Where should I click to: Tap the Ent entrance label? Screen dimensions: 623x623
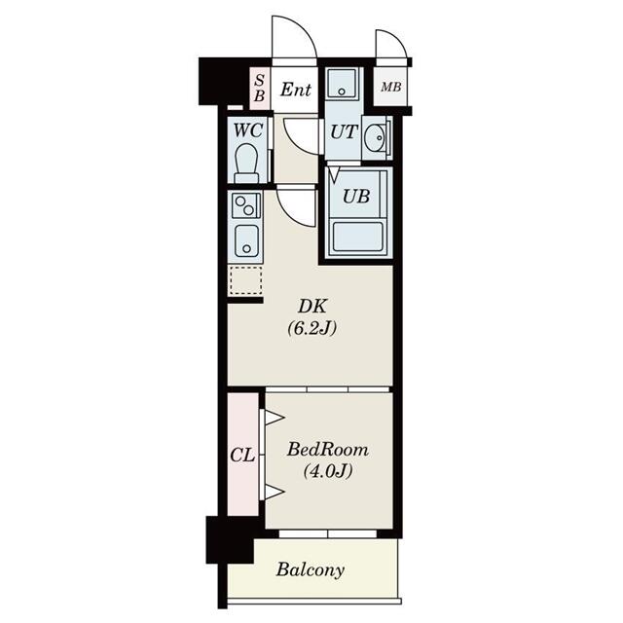pyautogui.click(x=296, y=91)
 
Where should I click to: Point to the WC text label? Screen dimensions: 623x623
pyautogui.click(x=246, y=128)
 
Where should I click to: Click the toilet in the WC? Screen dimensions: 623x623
pyautogui.click(x=247, y=163)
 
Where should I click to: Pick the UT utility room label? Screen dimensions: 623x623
pyautogui.click(x=342, y=133)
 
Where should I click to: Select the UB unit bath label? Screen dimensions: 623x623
pyautogui.click(x=355, y=195)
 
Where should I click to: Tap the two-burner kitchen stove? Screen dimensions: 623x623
pyautogui.click(x=245, y=205)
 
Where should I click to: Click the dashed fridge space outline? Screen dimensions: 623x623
pyautogui.click(x=244, y=280)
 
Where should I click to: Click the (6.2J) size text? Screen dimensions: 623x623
pyautogui.click(x=311, y=329)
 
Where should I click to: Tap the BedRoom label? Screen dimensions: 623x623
pyautogui.click(x=324, y=451)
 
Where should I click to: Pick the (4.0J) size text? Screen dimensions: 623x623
pyautogui.click(x=324, y=473)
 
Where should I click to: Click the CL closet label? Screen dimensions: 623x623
pyautogui.click(x=242, y=455)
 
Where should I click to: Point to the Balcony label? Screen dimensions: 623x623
pyautogui.click(x=310, y=569)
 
